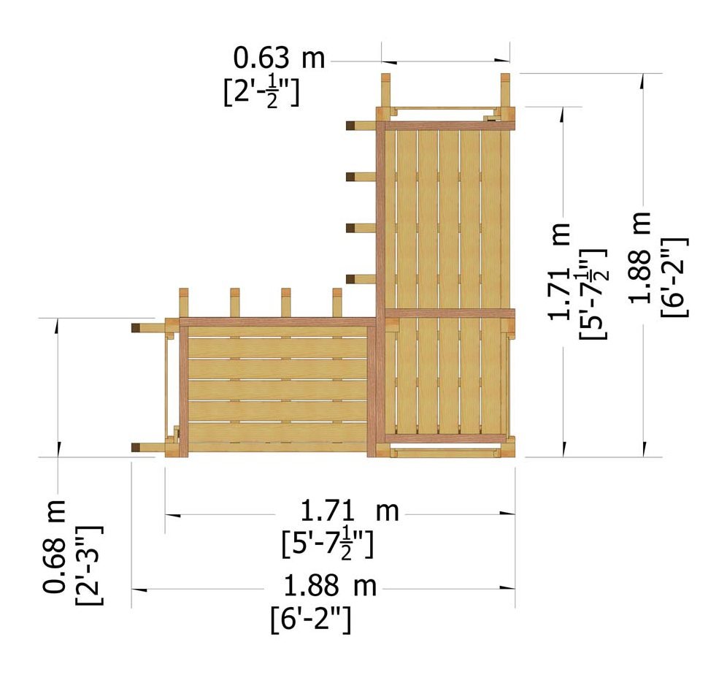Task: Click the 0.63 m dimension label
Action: (x=279, y=58)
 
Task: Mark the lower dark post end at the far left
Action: (x=136, y=447)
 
